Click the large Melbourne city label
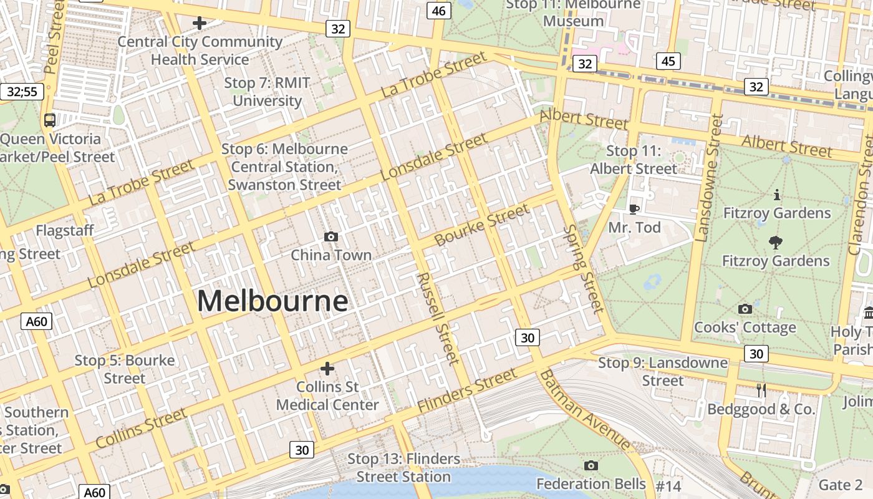[x=273, y=301]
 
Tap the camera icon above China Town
[x=331, y=236]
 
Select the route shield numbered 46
[x=439, y=11]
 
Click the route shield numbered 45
[x=668, y=61]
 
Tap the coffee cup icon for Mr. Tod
[x=634, y=209]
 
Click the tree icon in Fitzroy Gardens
[x=776, y=242]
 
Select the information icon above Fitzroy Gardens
[x=776, y=195]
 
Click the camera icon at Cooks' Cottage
[x=745, y=309]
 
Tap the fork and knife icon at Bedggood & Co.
[x=761, y=390]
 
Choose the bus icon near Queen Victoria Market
[x=50, y=120]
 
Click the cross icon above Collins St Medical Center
[x=327, y=369]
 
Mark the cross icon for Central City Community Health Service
[x=200, y=24]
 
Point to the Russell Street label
[x=438, y=318]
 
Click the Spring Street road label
[x=583, y=268]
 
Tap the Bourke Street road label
[x=481, y=225]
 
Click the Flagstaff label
[x=65, y=231]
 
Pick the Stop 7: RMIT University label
[x=267, y=92]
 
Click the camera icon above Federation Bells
[x=591, y=465]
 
